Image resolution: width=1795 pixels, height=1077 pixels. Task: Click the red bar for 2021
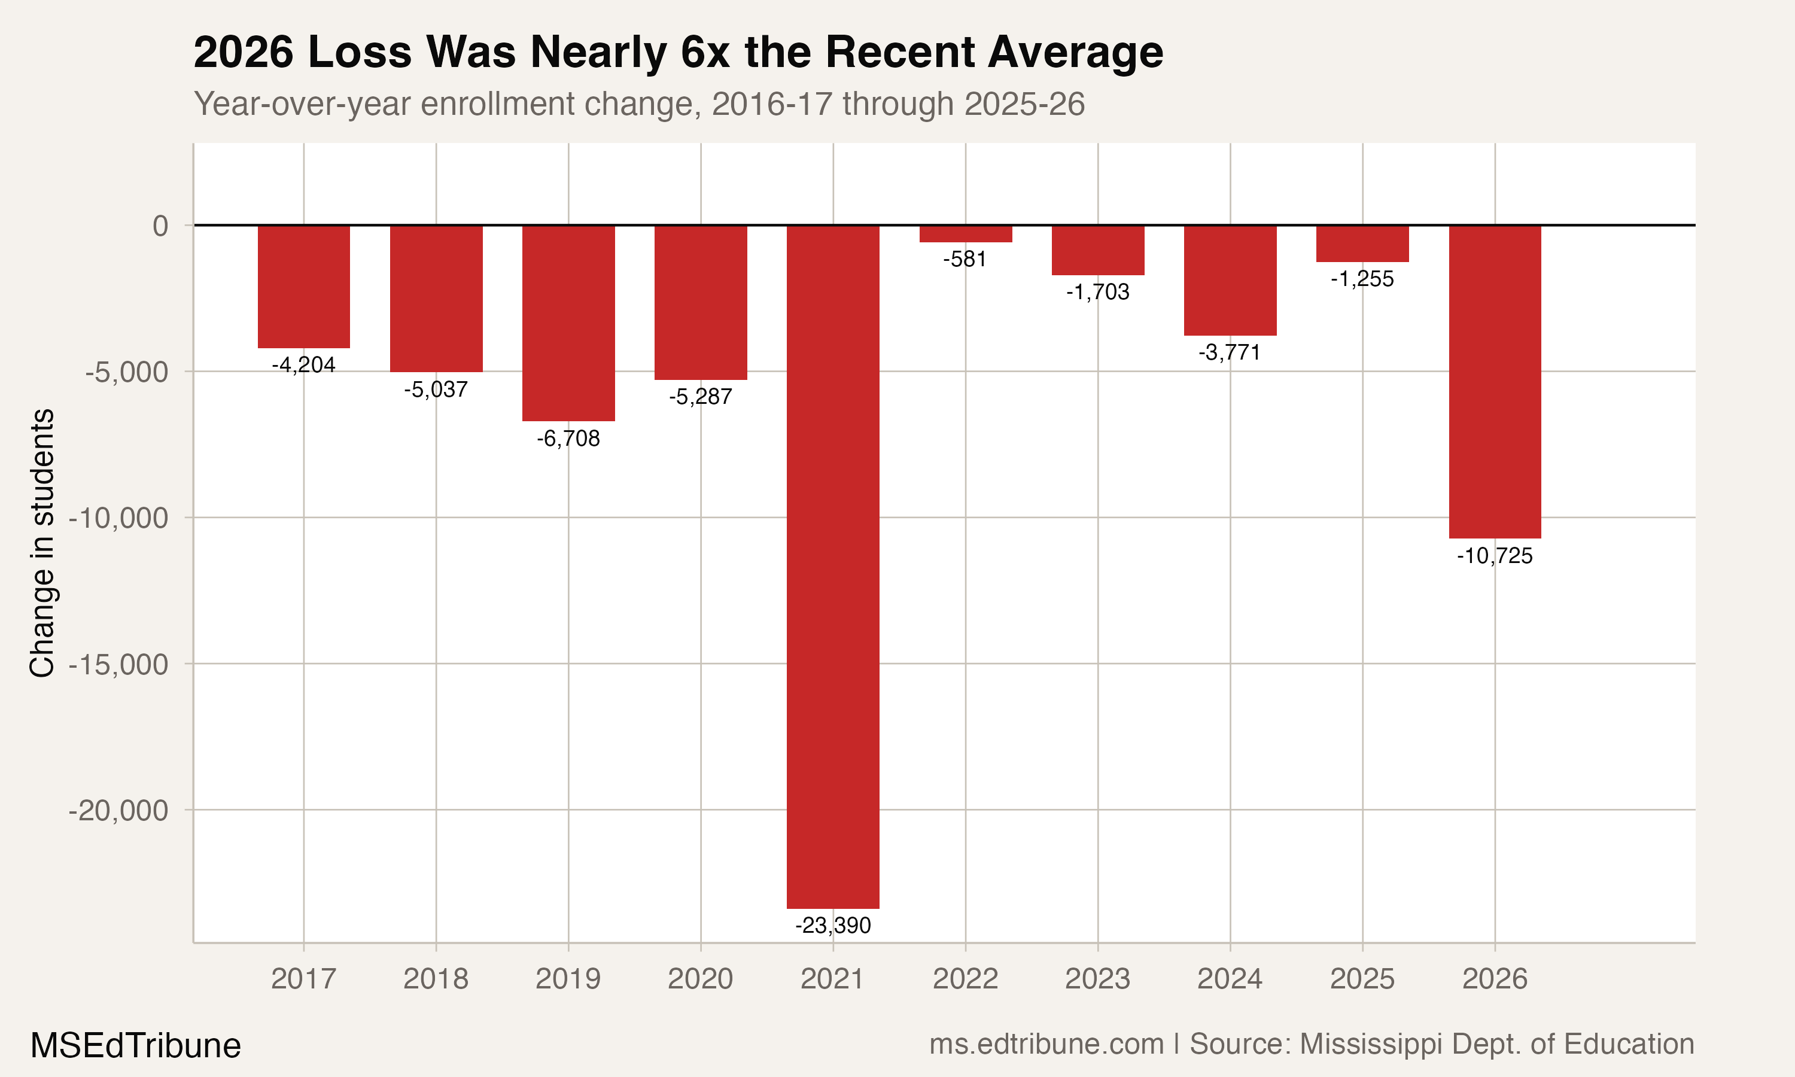click(832, 566)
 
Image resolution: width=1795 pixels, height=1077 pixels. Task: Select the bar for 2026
click(1495, 381)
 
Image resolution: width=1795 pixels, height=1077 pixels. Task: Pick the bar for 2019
click(568, 323)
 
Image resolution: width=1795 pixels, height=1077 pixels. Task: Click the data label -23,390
click(832, 925)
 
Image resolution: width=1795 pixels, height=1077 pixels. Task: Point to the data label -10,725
click(1495, 556)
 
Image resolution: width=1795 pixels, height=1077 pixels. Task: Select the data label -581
click(965, 259)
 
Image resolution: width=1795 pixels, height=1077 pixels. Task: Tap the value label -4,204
click(303, 365)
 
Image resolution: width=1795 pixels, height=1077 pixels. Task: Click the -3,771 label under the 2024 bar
click(1230, 352)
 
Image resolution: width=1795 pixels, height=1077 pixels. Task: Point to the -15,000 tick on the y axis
click(118, 664)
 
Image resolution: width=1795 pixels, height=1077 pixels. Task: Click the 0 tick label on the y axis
click(160, 226)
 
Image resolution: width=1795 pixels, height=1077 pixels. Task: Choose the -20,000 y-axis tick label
click(118, 810)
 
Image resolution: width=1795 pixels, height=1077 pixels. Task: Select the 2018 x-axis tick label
click(436, 979)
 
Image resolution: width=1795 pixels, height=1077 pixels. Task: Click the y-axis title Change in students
click(42, 543)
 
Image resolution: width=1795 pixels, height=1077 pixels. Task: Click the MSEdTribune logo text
click(135, 1046)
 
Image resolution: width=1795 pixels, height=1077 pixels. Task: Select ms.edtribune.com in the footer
click(1046, 1044)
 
